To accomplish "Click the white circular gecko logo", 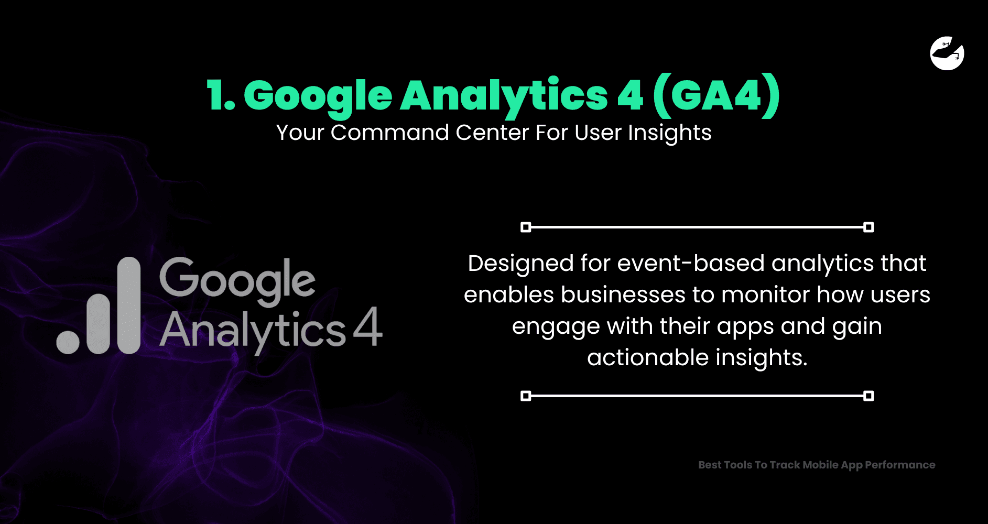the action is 947,53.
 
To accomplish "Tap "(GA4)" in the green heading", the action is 717,96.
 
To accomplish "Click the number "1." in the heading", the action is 221,96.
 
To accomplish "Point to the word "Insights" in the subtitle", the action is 670,133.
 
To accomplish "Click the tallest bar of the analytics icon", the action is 128,305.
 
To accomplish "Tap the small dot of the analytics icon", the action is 68,342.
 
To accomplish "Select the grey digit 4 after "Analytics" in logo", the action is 368,326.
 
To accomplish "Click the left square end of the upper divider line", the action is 526,227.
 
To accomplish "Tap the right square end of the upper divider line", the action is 868,227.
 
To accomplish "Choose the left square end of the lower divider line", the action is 526,396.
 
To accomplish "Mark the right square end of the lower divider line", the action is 868,396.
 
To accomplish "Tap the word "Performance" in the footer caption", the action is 900,465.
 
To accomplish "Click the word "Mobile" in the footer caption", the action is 820,465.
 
